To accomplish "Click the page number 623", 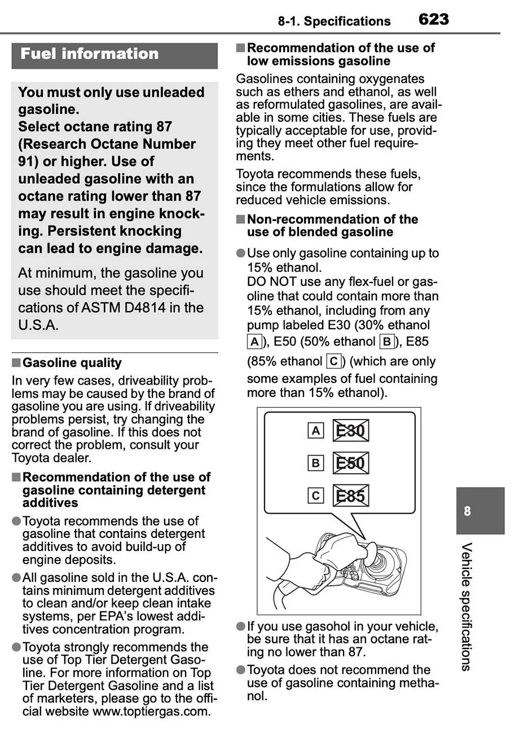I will click(x=434, y=20).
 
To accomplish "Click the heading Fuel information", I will click(x=89, y=54).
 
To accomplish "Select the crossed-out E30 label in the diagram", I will click(x=350, y=431).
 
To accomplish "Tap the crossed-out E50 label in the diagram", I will click(x=350, y=463).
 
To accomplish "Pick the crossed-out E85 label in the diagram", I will click(x=350, y=496).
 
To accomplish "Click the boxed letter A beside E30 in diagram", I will click(x=316, y=431).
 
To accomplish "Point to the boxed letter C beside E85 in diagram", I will click(x=316, y=496).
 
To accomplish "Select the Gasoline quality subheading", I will click(x=72, y=363).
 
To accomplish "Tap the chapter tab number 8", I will click(x=467, y=511).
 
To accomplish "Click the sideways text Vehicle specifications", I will click(x=466, y=606).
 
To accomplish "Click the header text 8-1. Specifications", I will click(x=334, y=21).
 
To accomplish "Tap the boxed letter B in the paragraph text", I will click(x=387, y=341).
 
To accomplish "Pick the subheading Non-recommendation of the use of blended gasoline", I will click(x=332, y=226).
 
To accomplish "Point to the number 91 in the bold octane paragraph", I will click(x=28, y=161).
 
